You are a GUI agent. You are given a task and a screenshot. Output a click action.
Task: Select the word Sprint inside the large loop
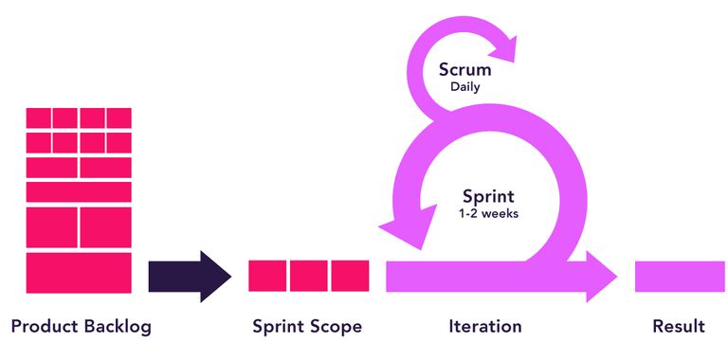pyautogui.click(x=488, y=197)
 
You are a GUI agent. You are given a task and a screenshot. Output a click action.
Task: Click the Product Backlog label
pyautogui.click(x=81, y=327)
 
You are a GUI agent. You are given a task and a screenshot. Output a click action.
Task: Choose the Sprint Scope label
pyautogui.click(x=307, y=327)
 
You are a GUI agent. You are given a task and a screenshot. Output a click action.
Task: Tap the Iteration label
pyautogui.click(x=484, y=327)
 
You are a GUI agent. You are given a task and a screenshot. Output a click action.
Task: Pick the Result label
pyautogui.click(x=679, y=327)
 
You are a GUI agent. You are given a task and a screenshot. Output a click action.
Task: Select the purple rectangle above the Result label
pyautogui.click(x=680, y=276)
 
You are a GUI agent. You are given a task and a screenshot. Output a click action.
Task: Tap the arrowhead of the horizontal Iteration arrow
pyautogui.click(x=599, y=276)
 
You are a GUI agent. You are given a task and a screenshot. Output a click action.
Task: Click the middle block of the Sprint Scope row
pyautogui.click(x=308, y=276)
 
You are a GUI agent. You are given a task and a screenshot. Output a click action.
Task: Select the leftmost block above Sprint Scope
pyautogui.click(x=267, y=276)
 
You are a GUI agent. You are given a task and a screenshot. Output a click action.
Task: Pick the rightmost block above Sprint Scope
pyautogui.click(x=350, y=276)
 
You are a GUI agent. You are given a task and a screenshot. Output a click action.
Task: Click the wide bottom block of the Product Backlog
pyautogui.click(x=79, y=272)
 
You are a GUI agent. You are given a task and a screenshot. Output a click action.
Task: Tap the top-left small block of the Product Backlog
pyautogui.click(x=38, y=118)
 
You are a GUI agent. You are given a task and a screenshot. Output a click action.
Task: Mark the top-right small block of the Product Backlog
pyautogui.click(x=119, y=118)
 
